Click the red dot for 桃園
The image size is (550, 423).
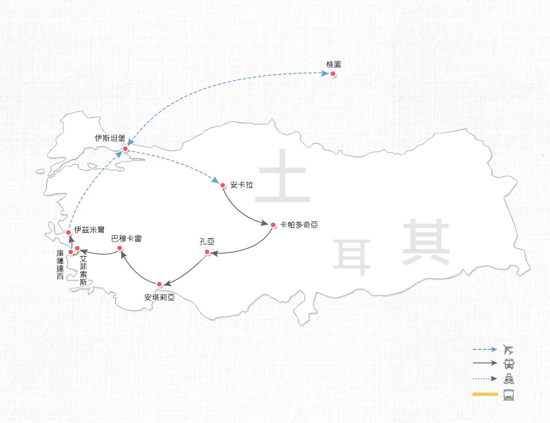tap(333, 74)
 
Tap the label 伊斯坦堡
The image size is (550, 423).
tap(110, 138)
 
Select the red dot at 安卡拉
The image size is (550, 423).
tap(223, 185)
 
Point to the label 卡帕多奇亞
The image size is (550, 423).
tap(299, 225)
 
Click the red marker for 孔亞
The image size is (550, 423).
tap(207, 252)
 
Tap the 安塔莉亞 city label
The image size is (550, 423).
tap(159, 297)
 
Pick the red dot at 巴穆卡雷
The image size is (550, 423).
tap(120, 248)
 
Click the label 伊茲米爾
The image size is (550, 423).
tap(89, 230)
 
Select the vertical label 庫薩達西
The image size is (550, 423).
tap(60, 265)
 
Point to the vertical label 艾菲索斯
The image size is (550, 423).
tap(83, 270)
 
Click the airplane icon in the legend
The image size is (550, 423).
tap(508, 350)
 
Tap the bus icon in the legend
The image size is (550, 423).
tap(509, 364)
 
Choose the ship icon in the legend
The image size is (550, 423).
tap(509, 379)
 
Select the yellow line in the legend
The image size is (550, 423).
tap(485, 394)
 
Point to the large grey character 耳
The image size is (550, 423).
tap(352, 258)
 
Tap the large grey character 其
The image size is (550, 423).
tap(426, 242)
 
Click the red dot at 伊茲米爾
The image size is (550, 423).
tap(69, 233)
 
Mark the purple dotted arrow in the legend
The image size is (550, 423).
tap(485, 379)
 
